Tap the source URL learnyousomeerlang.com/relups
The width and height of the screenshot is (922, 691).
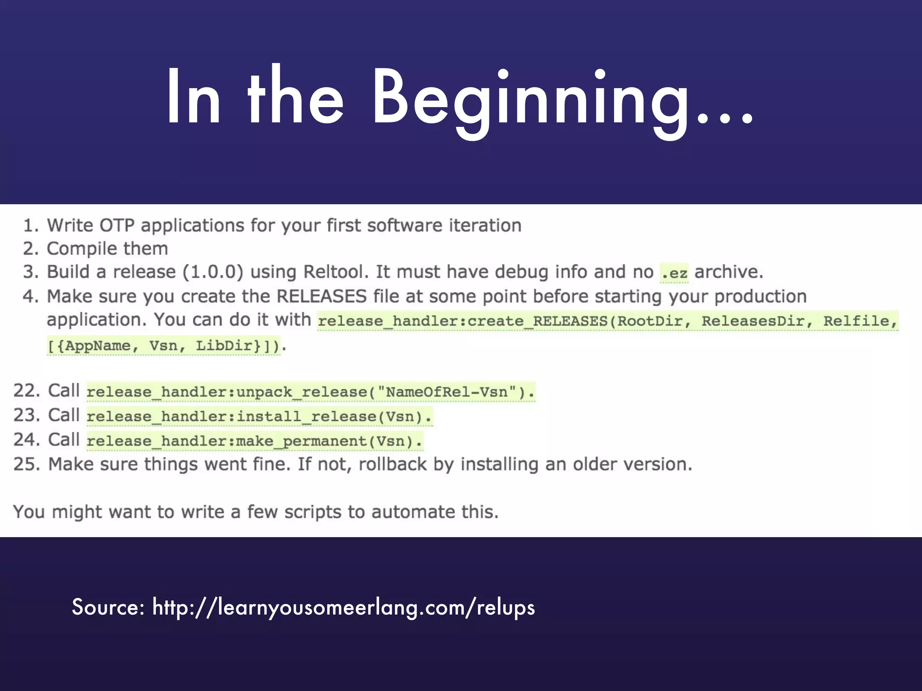click(343, 607)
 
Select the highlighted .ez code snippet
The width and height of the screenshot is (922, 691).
click(674, 273)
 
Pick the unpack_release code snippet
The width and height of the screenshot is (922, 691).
click(311, 392)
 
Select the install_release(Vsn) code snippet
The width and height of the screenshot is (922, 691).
click(259, 417)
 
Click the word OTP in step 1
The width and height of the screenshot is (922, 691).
click(117, 225)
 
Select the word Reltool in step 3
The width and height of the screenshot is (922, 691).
click(333, 272)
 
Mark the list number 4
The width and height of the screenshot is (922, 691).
click(29, 296)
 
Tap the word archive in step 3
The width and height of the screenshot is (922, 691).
click(728, 272)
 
